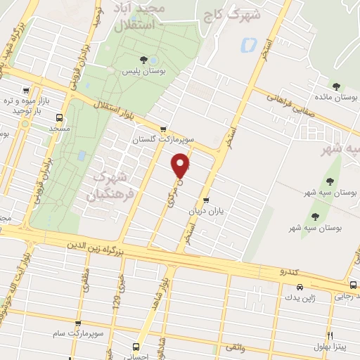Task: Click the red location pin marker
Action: click(181, 166)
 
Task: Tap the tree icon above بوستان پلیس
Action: click(143, 60)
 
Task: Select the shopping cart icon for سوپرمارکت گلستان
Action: click(164, 129)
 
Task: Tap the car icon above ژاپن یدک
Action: click(300, 287)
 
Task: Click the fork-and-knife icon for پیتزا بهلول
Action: click(329, 336)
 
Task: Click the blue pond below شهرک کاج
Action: click(248, 46)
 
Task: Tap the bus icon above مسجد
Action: click(59, 117)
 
